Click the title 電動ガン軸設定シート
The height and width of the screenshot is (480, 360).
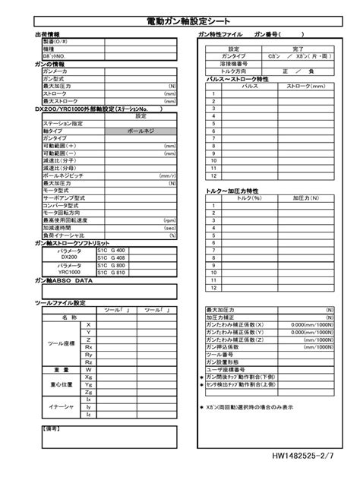180,21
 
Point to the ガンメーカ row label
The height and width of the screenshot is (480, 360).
56,71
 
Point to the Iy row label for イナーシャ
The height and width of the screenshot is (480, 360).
88,406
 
